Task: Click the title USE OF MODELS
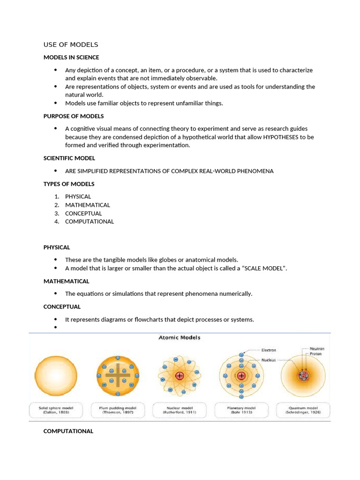71,45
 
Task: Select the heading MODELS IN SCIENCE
71,57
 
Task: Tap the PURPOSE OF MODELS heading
74,116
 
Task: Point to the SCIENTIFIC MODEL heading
69,158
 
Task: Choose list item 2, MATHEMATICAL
87,205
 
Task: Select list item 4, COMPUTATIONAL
89,221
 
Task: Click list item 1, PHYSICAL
78,196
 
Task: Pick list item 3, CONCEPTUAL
83,213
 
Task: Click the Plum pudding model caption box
117,410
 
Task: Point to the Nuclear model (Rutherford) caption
179,410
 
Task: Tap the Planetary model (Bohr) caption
241,410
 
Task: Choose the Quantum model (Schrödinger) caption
303,410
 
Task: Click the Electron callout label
269,350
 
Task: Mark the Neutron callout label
316,349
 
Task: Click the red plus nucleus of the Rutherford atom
180,375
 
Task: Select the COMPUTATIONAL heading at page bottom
68,431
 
